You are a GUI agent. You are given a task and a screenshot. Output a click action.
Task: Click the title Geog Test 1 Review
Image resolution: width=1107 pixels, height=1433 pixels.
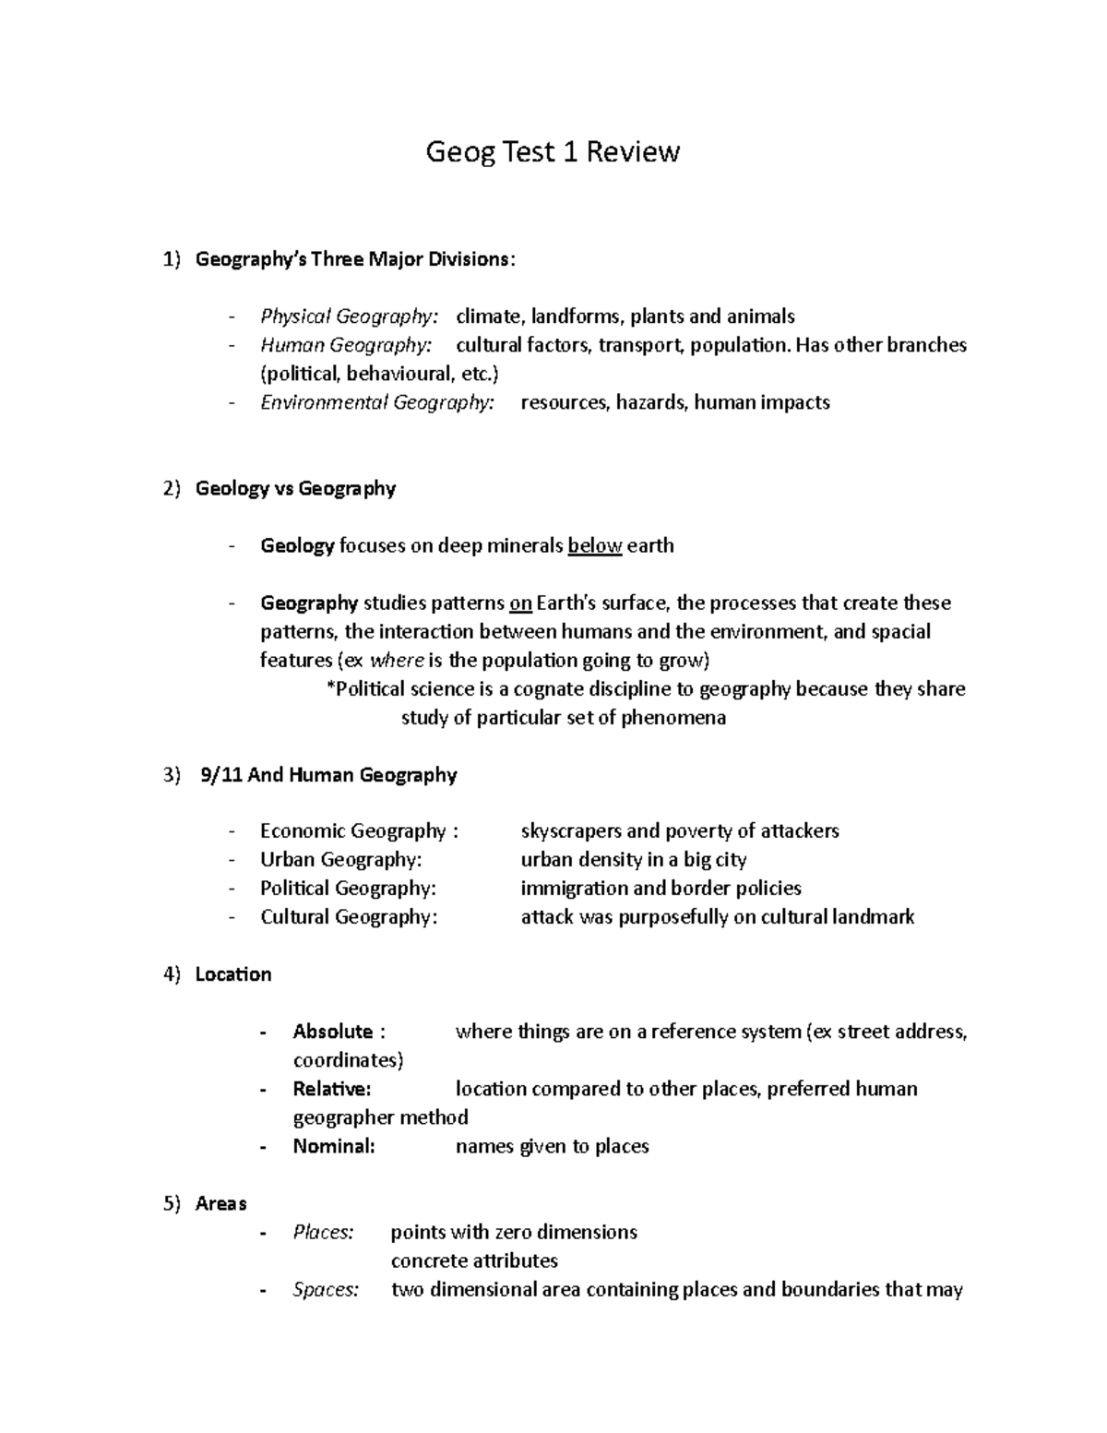click(x=552, y=151)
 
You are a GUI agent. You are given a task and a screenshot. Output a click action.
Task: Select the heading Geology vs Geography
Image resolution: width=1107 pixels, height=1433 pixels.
click(x=295, y=488)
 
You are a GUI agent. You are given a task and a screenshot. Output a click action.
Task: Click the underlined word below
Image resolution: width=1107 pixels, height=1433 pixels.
click(x=595, y=545)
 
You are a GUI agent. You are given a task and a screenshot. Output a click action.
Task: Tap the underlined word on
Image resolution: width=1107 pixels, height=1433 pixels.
click(x=520, y=603)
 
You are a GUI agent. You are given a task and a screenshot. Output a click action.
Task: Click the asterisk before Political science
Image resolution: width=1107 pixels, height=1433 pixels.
click(x=330, y=688)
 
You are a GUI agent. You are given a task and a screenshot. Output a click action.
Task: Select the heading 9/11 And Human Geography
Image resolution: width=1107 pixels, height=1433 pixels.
click(x=327, y=774)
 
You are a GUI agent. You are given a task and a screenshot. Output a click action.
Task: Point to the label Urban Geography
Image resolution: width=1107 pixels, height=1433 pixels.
click(x=340, y=859)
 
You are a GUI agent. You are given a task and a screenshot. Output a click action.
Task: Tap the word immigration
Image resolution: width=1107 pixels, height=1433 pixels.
click(x=569, y=888)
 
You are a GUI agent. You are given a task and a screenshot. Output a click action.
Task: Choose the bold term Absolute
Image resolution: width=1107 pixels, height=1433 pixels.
click(x=332, y=1031)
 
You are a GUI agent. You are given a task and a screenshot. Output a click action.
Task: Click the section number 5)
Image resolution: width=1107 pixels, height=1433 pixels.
click(x=173, y=1203)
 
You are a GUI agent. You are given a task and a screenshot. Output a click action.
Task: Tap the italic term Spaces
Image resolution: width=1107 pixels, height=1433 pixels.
click(x=325, y=1289)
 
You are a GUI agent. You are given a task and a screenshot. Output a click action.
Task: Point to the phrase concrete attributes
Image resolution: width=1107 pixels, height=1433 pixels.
click(x=474, y=1260)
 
